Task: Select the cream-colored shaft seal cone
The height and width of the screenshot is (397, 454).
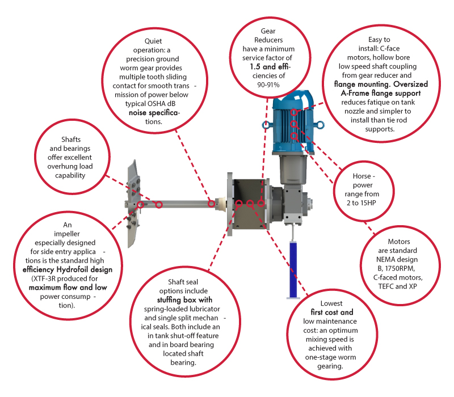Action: [221, 204]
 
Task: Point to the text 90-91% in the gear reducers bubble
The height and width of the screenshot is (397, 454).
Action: [268, 85]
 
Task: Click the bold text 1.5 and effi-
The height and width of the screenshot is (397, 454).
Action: [270, 66]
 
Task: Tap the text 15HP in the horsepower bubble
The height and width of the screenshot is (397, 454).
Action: [368, 203]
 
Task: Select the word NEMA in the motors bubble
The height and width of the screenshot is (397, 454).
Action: [386, 260]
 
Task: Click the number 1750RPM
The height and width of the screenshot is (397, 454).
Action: [400, 268]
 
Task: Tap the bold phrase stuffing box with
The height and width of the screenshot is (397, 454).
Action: [184, 300]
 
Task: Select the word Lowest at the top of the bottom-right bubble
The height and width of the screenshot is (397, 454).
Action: [331, 303]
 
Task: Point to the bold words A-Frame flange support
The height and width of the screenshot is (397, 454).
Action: [381, 93]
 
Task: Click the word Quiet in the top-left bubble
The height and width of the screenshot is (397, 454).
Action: [153, 41]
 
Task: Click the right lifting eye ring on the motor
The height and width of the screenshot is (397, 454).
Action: [320, 125]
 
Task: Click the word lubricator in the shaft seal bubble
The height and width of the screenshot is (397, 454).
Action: [205, 309]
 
